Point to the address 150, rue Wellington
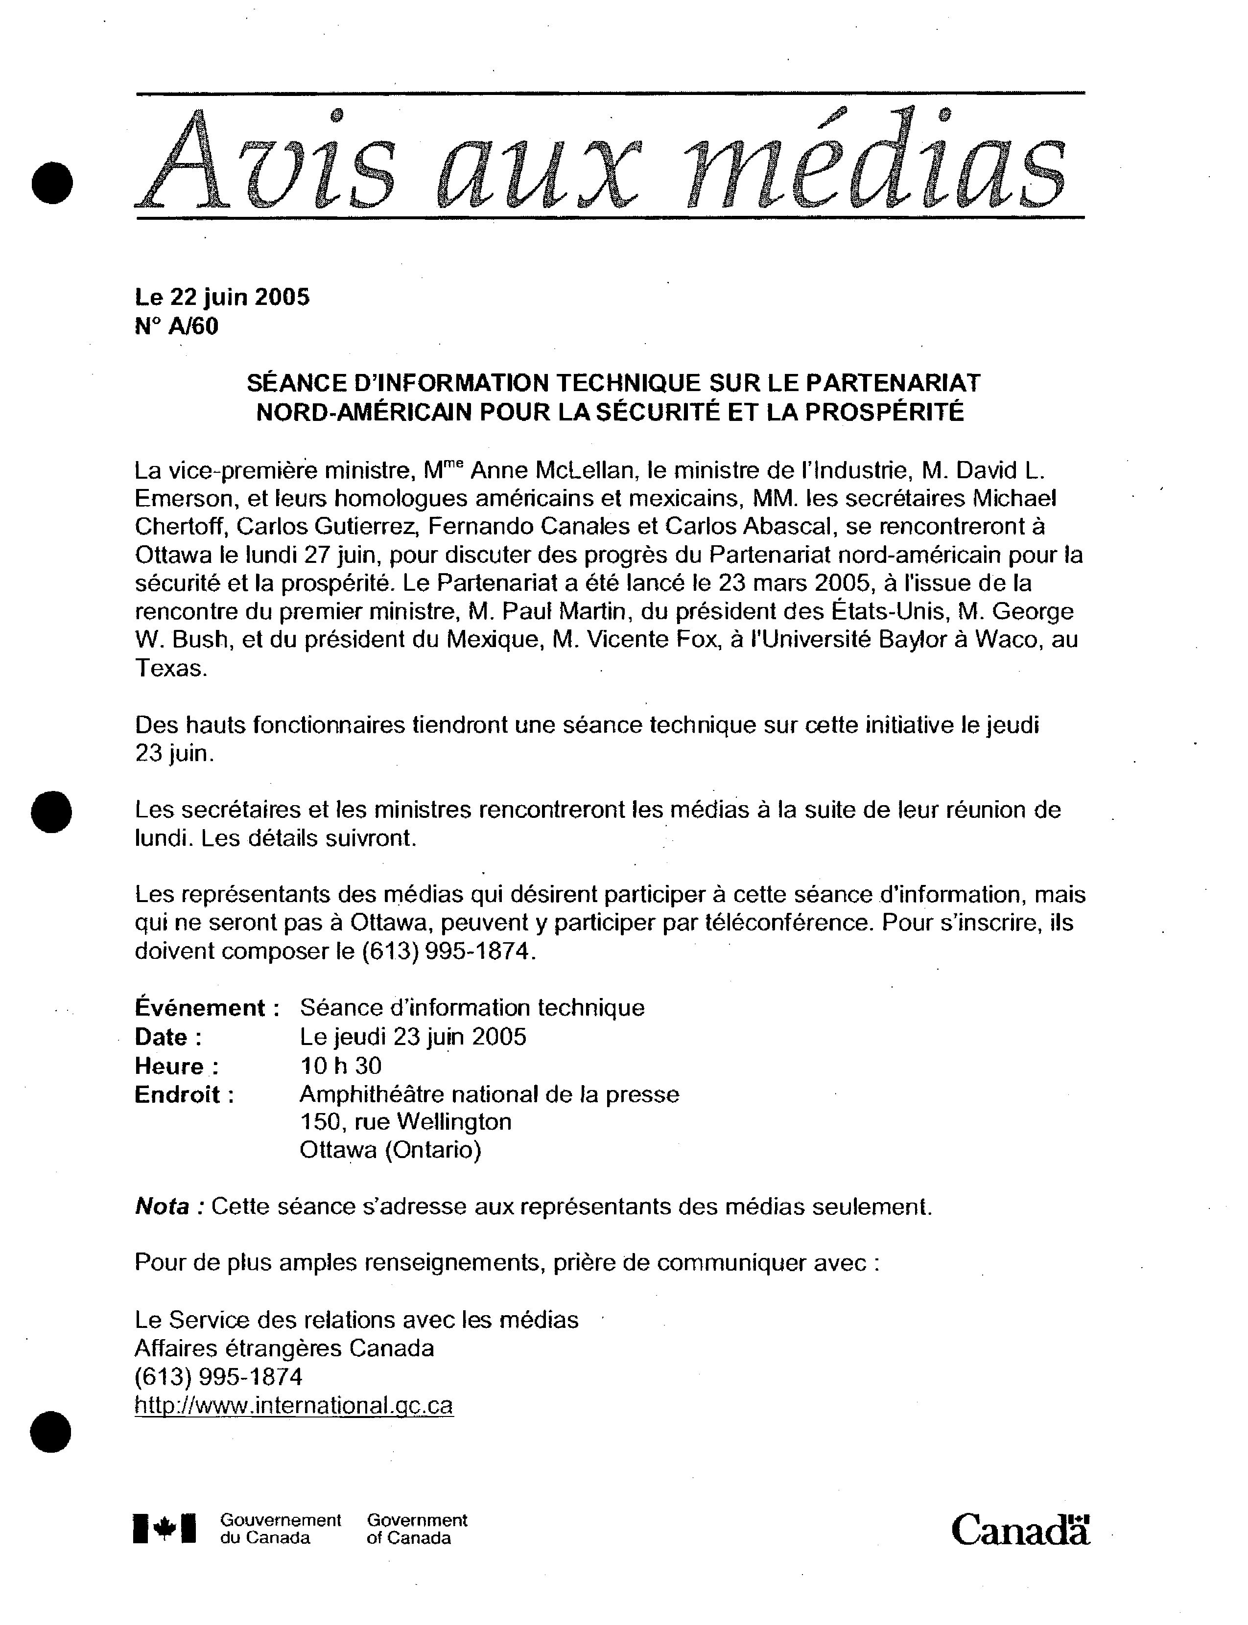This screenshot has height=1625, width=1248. tap(405, 1121)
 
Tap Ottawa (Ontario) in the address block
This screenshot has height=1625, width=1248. tap(390, 1150)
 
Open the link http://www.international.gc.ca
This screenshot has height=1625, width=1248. tap(293, 1406)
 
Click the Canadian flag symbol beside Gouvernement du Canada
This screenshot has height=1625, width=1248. tap(165, 1529)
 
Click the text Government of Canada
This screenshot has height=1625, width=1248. tap(417, 1529)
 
